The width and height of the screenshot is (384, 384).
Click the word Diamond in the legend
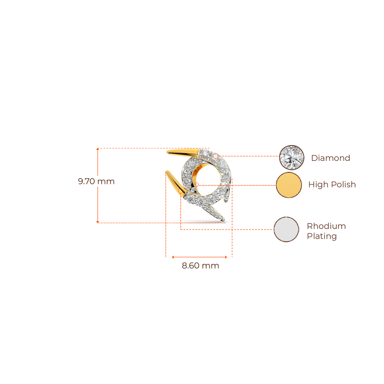330,158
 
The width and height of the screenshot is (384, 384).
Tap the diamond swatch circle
292,157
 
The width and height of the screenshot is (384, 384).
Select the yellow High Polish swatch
289,185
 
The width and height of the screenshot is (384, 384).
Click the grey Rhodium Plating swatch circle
286,229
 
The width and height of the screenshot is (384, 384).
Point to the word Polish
343,184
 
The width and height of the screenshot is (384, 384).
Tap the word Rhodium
326,226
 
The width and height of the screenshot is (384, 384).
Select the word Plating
322,236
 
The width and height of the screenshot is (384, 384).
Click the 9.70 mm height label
96,181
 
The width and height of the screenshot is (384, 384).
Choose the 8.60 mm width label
200,265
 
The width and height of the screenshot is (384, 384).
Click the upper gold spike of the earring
183,153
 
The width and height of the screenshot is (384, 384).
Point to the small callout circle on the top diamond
215,156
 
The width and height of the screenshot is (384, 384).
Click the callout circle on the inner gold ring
196,185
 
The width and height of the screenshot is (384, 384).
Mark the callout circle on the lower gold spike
180,192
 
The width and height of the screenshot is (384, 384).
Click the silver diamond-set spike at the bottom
213,213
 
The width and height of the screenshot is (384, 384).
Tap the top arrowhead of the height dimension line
97,149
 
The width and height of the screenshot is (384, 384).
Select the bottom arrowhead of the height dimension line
97,222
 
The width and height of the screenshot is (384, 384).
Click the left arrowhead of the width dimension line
173,257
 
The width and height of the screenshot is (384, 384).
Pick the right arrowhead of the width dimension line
226,257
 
